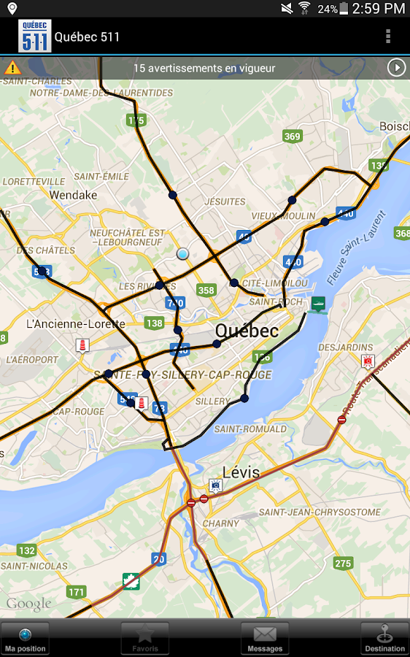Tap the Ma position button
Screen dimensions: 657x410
click(x=25, y=638)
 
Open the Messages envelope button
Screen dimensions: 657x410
click(x=265, y=638)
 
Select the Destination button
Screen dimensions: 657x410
click(x=384, y=638)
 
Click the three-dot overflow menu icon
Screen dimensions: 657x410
click(x=388, y=36)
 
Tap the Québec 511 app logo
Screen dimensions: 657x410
click(x=35, y=36)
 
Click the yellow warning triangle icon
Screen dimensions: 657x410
click(x=12, y=68)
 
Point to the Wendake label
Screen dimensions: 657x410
click(x=73, y=195)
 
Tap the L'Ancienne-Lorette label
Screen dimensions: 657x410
click(x=75, y=323)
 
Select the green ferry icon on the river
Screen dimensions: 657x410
click(x=318, y=304)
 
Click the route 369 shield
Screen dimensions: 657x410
click(x=293, y=137)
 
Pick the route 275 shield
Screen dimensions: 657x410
click(x=343, y=564)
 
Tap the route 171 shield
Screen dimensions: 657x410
click(x=76, y=591)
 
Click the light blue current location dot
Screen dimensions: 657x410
click(x=182, y=253)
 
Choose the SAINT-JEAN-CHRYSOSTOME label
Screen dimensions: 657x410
click(x=320, y=512)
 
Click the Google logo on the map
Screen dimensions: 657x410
click(x=29, y=604)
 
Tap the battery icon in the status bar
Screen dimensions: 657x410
click(x=344, y=9)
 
